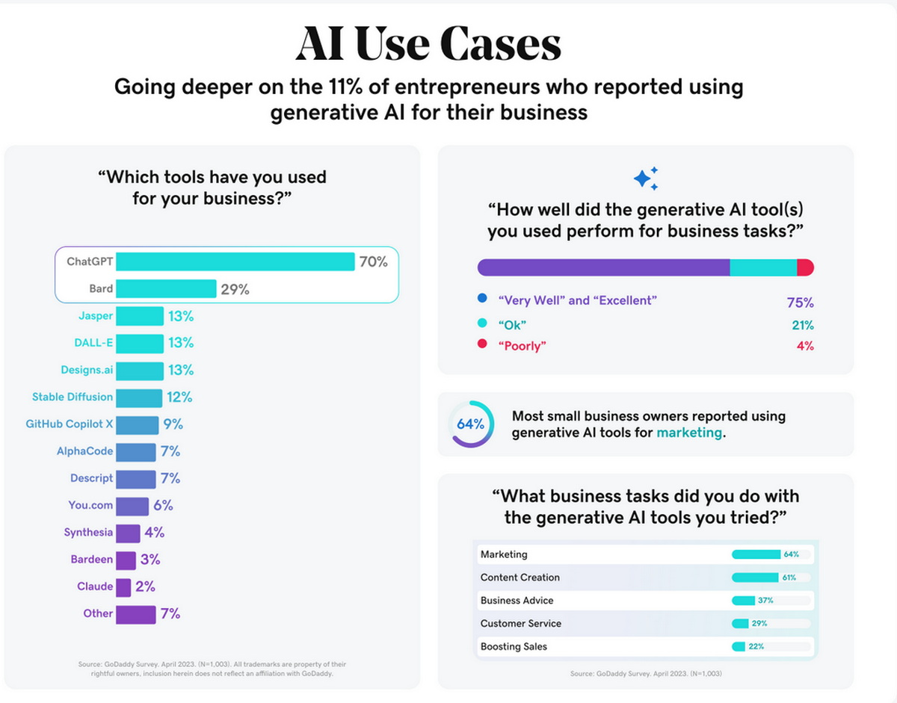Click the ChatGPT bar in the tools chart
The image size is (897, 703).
coord(235,261)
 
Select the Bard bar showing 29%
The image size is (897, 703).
coord(166,288)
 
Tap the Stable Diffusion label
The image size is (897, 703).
coord(73,397)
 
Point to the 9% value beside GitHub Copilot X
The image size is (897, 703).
coord(173,424)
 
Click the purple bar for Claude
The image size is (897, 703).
coord(123,586)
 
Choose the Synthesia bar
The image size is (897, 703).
coord(128,533)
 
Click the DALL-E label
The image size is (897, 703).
coord(93,343)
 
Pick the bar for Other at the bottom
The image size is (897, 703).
coord(135,614)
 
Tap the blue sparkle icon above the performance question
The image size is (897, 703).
coord(646,178)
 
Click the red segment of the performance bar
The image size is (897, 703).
coord(806,267)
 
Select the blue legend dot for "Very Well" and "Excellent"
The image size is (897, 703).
coord(482,300)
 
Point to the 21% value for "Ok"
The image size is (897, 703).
coord(803,325)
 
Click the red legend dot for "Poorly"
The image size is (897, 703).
coord(482,344)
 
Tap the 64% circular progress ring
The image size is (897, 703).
coord(471,424)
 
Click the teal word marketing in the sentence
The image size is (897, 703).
coord(689,433)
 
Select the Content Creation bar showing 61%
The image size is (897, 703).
coord(754,577)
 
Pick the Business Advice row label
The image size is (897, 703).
coord(517,601)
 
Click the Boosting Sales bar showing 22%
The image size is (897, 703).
coord(739,646)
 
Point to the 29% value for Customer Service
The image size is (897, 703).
coord(759,624)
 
